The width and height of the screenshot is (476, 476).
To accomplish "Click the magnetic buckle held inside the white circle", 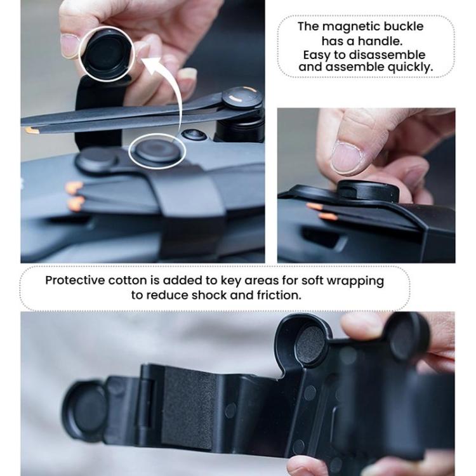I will click(107, 53).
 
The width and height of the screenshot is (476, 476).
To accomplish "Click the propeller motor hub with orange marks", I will click(242, 97).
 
